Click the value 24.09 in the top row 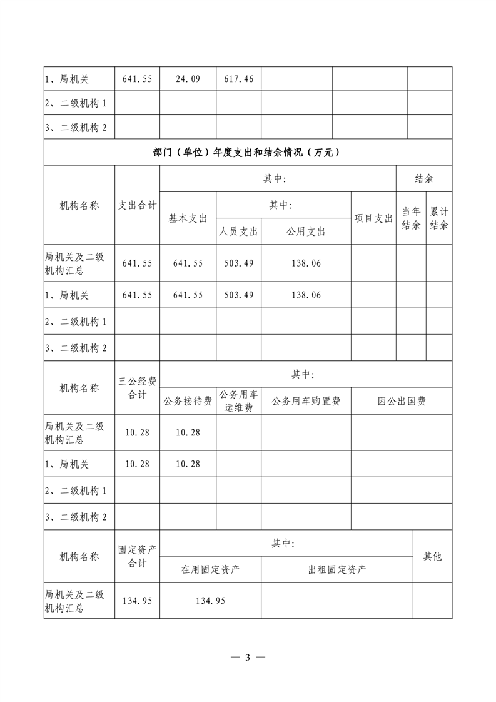188,79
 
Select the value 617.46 238,79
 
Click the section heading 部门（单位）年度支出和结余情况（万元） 247,152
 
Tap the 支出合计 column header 137,205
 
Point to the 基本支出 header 188,218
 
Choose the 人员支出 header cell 238,231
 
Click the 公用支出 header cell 306,231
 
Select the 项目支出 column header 373,218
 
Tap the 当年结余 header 411,218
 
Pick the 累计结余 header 439,218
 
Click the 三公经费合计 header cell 137,388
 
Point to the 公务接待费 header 188,401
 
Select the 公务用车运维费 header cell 238,401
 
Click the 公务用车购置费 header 306,401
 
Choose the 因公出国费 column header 401,401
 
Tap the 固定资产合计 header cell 137,556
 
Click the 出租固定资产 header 337,569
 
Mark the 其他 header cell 432,556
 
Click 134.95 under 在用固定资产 210,601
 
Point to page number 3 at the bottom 248,657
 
